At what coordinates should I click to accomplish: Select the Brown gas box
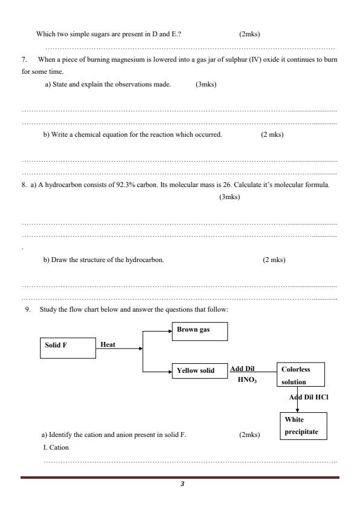point(200,330)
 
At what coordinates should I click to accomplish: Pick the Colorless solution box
point(300,375)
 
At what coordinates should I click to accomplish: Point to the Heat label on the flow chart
point(108,344)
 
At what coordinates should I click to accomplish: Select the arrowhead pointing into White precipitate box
point(297,410)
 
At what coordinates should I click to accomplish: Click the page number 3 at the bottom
point(182,484)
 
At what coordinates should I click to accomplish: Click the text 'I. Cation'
point(56,448)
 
